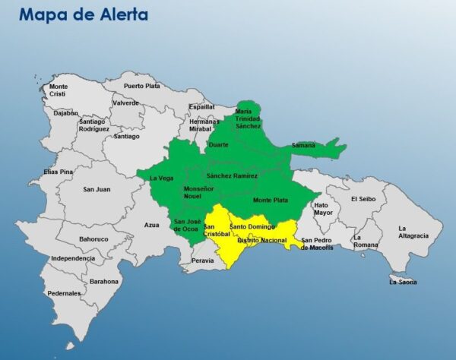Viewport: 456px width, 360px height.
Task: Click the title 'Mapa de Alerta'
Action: (x=84, y=14)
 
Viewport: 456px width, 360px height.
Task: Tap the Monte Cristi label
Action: (x=59, y=90)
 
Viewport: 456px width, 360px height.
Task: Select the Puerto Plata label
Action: (x=142, y=86)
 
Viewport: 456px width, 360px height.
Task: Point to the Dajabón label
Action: (x=66, y=113)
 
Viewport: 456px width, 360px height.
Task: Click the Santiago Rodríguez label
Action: (x=91, y=125)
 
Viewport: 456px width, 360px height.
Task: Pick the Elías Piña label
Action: (x=58, y=172)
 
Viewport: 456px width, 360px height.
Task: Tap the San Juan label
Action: (x=97, y=190)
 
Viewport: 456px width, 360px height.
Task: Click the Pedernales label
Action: (x=64, y=293)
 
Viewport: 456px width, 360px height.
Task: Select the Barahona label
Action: (x=103, y=281)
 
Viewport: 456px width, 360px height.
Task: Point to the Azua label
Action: (x=152, y=225)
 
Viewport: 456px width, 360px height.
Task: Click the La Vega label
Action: (x=161, y=178)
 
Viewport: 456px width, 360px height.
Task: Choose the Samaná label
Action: (x=303, y=145)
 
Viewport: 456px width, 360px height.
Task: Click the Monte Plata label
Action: (x=269, y=200)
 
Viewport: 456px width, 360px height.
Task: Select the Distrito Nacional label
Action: (x=262, y=241)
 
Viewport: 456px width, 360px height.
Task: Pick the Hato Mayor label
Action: (x=323, y=208)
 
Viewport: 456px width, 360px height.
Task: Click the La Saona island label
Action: (x=403, y=282)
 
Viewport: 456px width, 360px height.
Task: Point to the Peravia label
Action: (x=203, y=261)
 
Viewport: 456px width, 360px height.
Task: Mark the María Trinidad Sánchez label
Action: (x=248, y=118)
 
